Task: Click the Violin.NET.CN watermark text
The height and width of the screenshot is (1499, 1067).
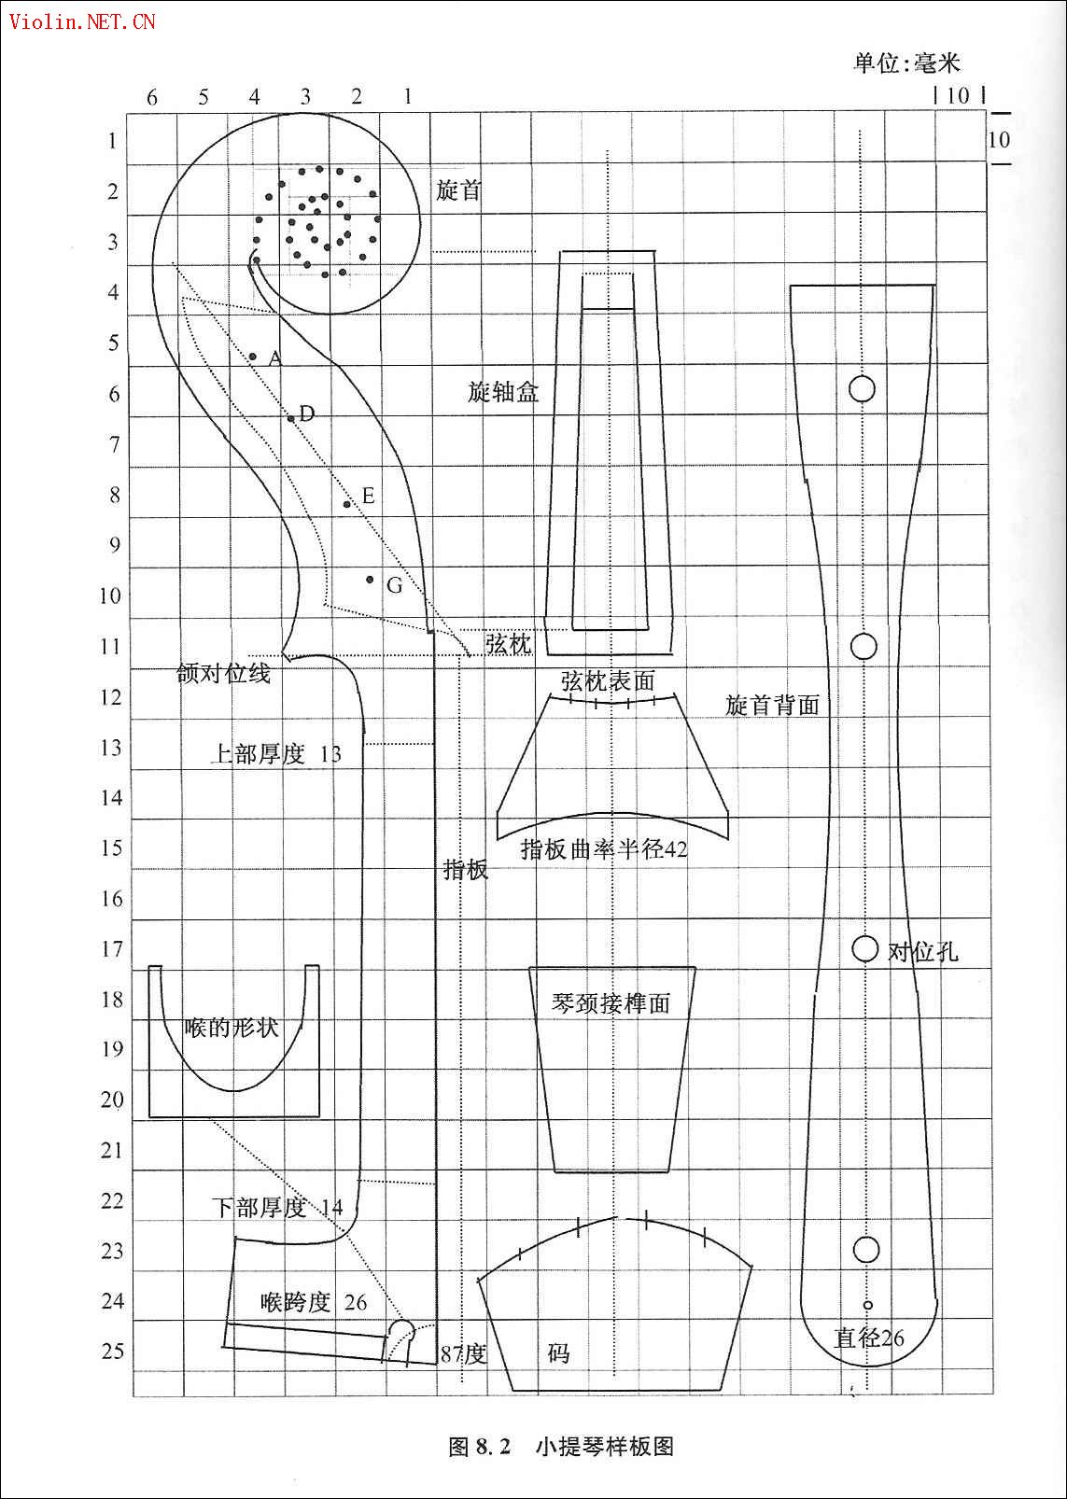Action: point(82,22)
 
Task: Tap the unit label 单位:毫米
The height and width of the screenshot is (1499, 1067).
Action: point(907,63)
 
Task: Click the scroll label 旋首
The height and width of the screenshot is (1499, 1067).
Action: point(458,190)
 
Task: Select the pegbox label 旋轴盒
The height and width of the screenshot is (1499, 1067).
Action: point(503,391)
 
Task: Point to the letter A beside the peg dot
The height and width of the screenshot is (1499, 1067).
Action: point(275,358)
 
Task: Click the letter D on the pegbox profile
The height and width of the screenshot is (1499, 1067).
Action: point(306,413)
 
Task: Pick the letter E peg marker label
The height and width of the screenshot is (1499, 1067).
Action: point(368,496)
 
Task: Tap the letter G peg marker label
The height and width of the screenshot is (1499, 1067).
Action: point(394,585)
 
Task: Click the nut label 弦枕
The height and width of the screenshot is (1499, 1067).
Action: point(508,644)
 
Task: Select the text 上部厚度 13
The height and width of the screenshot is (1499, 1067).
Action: point(276,754)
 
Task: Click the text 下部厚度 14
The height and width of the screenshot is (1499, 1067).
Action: point(277,1208)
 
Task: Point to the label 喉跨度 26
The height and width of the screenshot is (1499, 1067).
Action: point(314,1302)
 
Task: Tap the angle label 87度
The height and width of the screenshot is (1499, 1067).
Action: point(463,1353)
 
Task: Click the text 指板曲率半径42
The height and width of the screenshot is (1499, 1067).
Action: point(604,849)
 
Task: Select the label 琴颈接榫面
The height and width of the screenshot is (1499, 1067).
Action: point(611,1003)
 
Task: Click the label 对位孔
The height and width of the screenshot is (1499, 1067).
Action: point(922,951)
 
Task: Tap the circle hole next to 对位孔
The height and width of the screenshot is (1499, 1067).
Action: point(864,948)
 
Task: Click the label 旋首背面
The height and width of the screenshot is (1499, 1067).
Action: point(772,705)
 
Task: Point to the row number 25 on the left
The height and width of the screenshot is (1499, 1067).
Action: point(112,1351)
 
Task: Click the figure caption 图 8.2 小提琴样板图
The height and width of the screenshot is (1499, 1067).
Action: point(561,1446)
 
